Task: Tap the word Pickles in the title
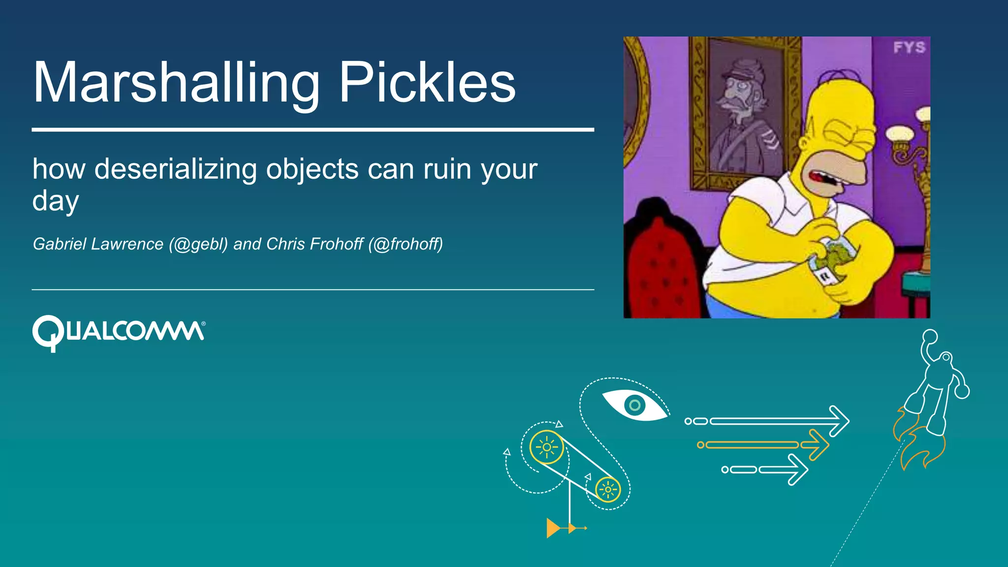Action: click(427, 83)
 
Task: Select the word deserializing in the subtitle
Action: click(175, 170)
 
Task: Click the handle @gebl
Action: click(198, 244)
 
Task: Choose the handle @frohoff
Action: click(406, 244)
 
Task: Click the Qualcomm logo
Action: click(118, 332)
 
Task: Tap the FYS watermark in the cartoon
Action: click(909, 48)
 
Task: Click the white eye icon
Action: click(635, 405)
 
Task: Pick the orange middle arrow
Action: click(763, 445)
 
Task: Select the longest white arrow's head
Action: click(839, 421)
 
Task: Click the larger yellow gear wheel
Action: click(546, 447)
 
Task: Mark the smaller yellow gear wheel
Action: click(608, 490)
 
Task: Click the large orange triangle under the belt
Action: click(553, 528)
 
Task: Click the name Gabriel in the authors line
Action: click(60, 244)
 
